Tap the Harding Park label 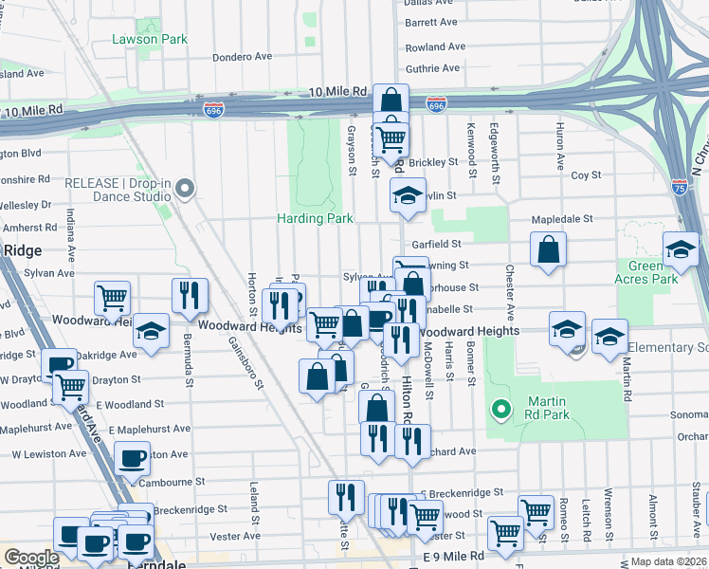coord(315,218)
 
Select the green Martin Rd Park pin coord(501,410)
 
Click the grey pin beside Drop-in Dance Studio coord(186,190)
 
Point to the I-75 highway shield coord(680,187)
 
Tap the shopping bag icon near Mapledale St coord(549,251)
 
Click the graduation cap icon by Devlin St coord(407,196)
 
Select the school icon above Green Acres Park coord(680,249)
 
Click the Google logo coord(31,558)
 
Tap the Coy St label coord(586,174)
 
